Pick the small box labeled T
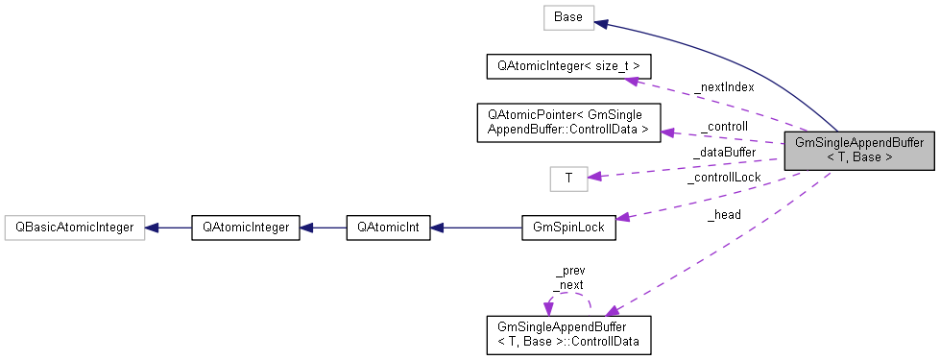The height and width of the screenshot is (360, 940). pos(568,178)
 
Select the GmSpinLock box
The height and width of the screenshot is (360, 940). pos(568,228)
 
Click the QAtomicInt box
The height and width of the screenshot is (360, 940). pos(388,228)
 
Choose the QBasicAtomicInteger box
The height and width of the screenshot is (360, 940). pos(74,228)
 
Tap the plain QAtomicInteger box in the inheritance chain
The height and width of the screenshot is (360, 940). pos(246,228)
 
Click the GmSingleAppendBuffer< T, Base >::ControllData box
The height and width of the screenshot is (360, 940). pos(568,334)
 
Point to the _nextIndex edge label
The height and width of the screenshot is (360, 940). pos(726,86)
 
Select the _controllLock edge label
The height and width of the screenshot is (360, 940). pos(723,177)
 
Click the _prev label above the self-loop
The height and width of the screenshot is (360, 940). pos(569,272)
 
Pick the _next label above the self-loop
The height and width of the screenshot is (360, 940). pos(568,284)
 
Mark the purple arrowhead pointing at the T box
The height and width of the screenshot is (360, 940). pos(594,176)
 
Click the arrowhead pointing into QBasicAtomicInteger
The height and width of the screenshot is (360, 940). pos(152,228)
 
